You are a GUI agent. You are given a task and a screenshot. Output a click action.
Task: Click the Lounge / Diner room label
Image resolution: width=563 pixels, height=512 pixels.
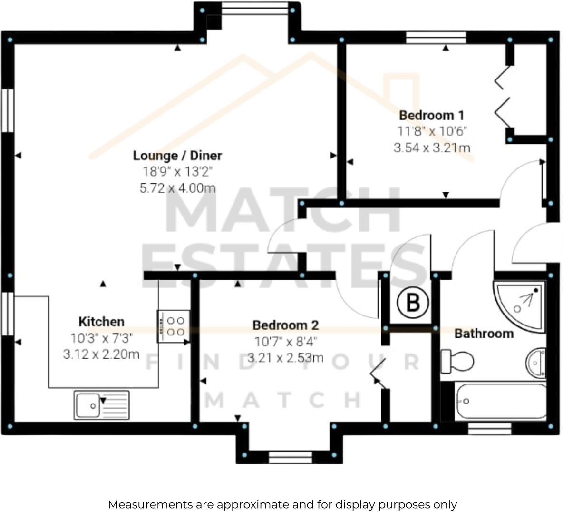(x=177, y=156)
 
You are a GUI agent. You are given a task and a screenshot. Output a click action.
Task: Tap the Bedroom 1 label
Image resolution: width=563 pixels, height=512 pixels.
(x=431, y=115)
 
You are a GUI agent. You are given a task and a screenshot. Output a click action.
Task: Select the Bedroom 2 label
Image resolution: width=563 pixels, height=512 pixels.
(x=285, y=325)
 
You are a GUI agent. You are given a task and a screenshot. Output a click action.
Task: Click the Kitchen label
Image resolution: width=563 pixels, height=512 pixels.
(x=101, y=322)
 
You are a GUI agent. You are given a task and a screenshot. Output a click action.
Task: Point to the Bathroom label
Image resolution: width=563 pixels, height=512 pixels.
(x=484, y=334)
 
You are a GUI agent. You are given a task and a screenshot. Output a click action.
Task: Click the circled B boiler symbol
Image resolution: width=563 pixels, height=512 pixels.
(x=413, y=302)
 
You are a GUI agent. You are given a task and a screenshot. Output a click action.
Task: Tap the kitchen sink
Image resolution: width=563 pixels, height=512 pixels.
(x=101, y=405)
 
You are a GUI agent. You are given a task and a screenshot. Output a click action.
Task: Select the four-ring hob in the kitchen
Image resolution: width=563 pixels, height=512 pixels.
(x=174, y=326)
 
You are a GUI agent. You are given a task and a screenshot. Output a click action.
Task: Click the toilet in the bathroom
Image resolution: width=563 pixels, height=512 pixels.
(x=457, y=362)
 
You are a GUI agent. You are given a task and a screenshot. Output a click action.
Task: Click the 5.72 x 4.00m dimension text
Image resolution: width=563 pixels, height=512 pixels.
(x=177, y=188)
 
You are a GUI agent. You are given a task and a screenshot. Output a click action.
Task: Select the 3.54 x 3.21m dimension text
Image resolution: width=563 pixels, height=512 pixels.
(x=432, y=148)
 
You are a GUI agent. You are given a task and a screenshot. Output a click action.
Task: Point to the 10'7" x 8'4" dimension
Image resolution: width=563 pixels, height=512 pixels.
(x=285, y=342)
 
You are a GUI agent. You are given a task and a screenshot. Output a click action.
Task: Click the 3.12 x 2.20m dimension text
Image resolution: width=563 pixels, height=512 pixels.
(x=101, y=354)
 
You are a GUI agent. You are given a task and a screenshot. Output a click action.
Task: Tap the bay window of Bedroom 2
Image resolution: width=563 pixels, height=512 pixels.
(x=290, y=457)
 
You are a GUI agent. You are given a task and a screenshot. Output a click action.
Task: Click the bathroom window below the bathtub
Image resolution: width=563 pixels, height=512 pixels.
(x=490, y=429)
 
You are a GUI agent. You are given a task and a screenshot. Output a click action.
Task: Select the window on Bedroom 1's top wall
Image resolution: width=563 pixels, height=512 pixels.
(x=436, y=38)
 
